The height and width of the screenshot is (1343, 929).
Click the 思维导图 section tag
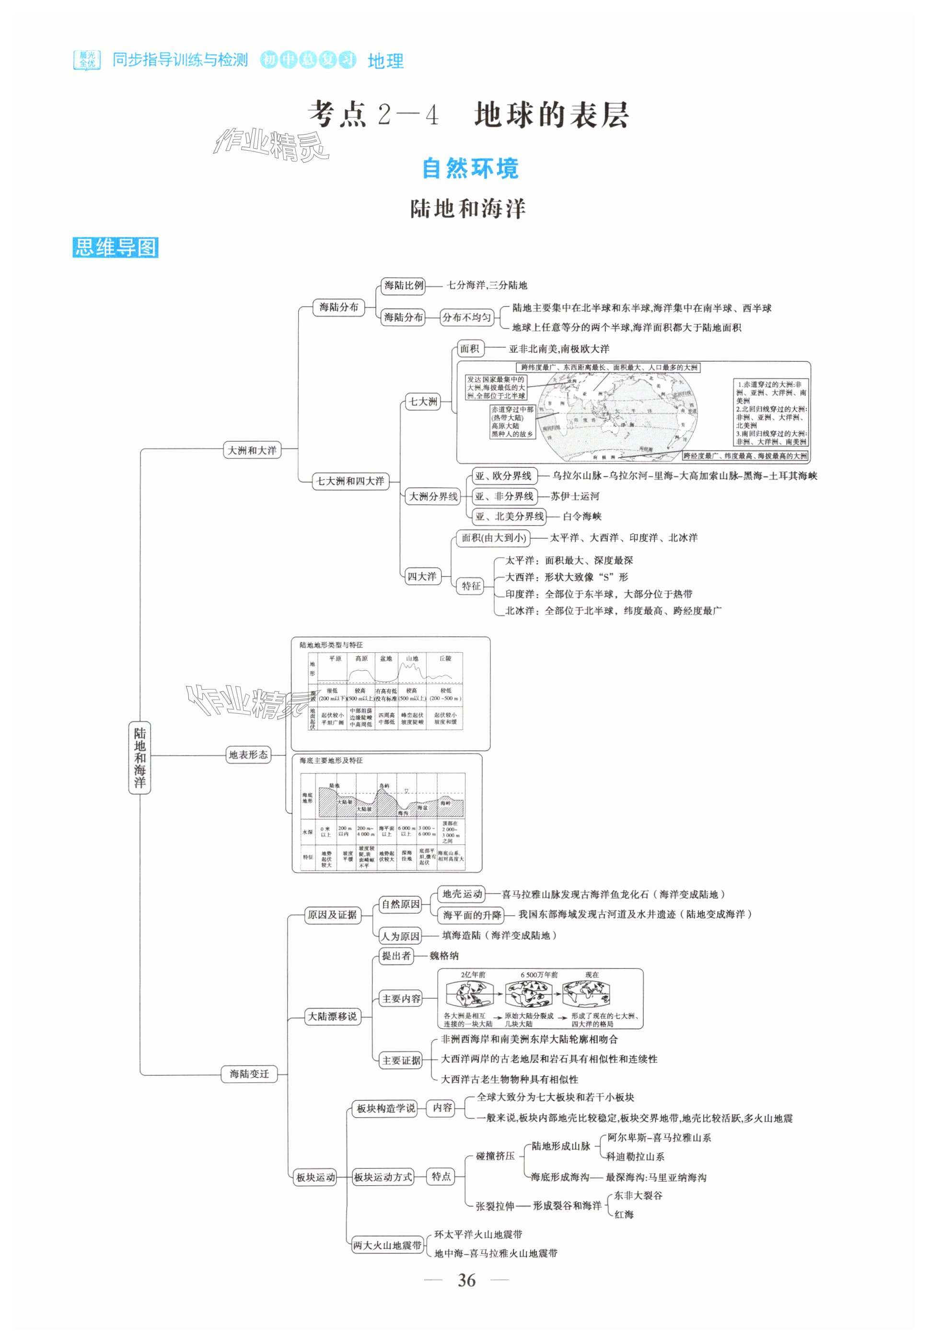115,247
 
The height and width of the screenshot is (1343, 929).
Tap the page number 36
466,1280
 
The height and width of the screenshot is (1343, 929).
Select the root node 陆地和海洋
139,756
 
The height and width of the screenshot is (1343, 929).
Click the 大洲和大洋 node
252,450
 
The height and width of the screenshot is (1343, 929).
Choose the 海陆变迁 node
249,1073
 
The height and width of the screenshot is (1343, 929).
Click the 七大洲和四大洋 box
350,481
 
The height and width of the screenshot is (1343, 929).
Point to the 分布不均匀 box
466,318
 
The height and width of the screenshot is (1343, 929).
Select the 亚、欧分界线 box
503,476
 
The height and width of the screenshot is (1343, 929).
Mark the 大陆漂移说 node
332,1016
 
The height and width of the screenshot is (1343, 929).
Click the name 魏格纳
444,956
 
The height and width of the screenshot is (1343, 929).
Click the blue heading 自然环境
470,168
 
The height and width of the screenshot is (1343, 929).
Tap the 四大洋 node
421,577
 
